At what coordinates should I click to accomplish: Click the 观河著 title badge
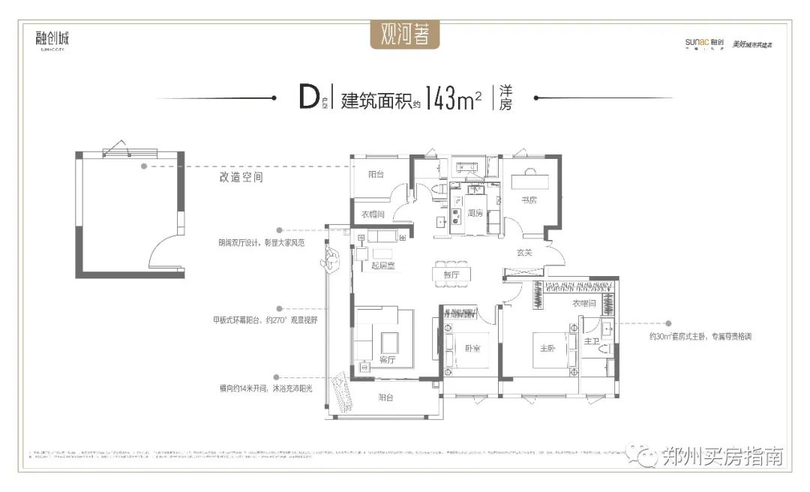405,34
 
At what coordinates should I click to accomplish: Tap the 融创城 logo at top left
52,38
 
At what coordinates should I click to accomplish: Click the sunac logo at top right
703,43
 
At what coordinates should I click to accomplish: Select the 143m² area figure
452,99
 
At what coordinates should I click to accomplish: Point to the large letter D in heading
308,98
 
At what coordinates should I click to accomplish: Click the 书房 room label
529,199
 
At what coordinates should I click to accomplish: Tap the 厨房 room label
475,213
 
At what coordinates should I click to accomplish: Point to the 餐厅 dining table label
450,275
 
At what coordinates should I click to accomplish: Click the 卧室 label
472,349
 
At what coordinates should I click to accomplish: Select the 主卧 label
547,349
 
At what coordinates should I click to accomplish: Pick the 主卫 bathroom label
592,341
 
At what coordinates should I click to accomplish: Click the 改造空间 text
241,179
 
